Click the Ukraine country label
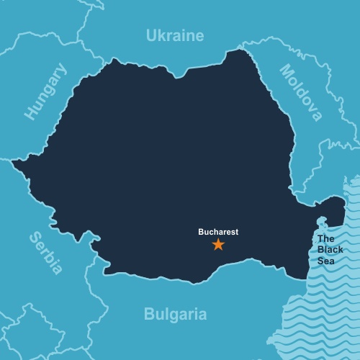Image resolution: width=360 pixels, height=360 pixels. [175, 35]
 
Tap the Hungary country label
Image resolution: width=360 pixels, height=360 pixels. [45, 91]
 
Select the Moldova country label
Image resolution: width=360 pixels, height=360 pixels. [301, 93]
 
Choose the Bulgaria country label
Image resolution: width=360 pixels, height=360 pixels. [175, 315]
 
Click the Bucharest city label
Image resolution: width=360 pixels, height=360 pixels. [218, 232]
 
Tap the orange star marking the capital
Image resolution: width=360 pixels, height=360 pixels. [218, 245]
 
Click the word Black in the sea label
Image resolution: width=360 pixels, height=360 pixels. [330, 249]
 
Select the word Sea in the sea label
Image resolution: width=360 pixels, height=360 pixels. [325, 260]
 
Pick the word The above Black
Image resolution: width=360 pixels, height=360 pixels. [326, 238]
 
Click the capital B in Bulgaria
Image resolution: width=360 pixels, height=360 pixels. [149, 315]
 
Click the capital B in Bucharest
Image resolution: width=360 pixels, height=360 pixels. [202, 232]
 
